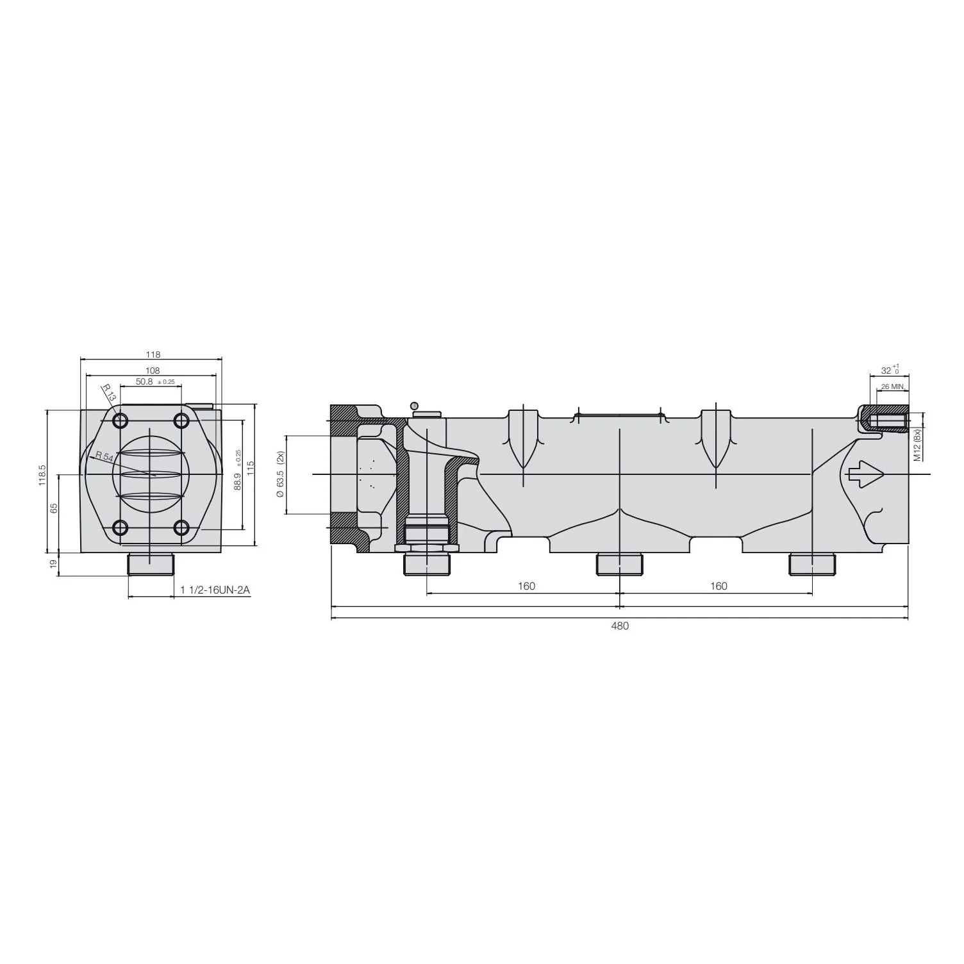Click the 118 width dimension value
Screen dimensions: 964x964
tap(153, 354)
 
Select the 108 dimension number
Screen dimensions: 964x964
tap(153, 370)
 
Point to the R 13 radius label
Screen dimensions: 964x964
tap(109, 393)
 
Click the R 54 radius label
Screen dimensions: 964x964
tap(104, 457)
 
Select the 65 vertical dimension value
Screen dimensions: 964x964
tap(54, 507)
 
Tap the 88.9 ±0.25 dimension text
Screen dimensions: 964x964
tap(237, 470)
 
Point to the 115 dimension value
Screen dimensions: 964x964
tap(251, 468)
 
